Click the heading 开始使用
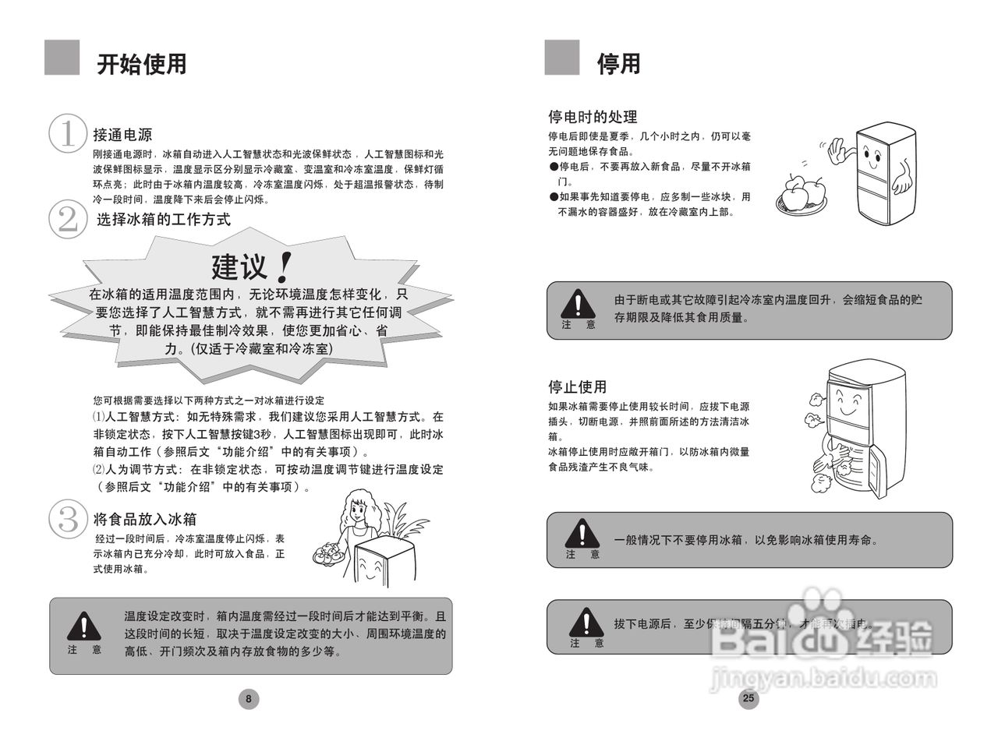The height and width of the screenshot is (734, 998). click(141, 63)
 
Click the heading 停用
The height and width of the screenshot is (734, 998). click(618, 63)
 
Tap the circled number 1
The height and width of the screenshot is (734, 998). click(68, 134)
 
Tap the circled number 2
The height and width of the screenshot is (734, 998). click(68, 219)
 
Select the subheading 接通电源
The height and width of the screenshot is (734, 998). click(122, 134)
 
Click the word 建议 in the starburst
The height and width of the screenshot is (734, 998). click(240, 267)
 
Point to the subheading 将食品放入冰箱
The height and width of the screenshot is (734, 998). click(144, 519)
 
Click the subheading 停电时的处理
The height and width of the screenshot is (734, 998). click(593, 117)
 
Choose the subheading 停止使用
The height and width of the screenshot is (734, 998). click(577, 386)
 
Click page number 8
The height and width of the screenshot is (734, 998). click(249, 699)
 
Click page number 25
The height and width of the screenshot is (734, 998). click(748, 698)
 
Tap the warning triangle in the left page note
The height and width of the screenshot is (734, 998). click(83, 626)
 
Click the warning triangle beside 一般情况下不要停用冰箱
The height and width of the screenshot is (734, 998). click(582, 533)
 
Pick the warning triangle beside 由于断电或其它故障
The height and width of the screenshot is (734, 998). click(578, 304)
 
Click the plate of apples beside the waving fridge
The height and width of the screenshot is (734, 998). click(802, 195)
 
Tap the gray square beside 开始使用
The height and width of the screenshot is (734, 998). click(62, 58)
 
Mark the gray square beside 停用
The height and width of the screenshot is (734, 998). click(561, 58)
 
